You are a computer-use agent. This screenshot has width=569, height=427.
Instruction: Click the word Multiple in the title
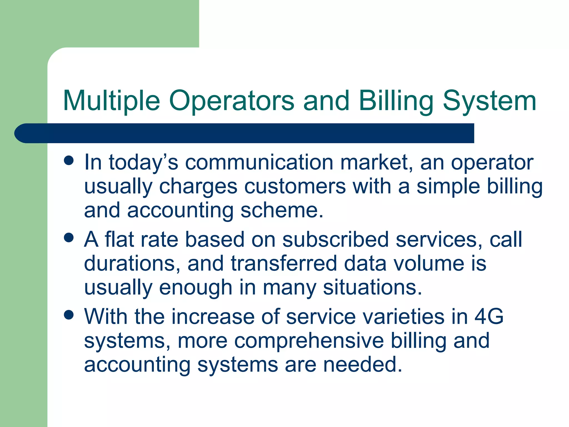111,101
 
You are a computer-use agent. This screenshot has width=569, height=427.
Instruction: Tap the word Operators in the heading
231,101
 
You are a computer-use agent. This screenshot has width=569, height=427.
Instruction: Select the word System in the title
489,101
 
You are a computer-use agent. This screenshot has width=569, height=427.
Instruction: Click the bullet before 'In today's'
69,160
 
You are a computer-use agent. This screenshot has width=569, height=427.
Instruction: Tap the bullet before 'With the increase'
69,315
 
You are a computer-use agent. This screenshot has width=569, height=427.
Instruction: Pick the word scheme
282,210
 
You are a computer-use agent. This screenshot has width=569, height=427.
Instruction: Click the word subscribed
335,239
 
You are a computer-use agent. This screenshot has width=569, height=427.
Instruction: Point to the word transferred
284,263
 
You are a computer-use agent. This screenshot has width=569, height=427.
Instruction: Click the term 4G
489,317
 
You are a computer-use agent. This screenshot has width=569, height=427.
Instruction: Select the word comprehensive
309,341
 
